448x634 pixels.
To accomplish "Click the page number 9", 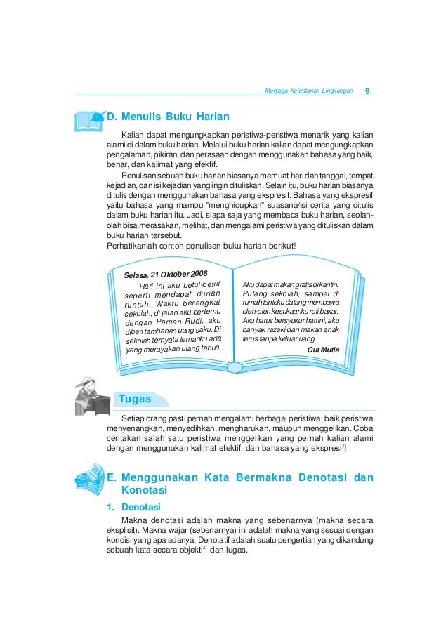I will click(367, 91).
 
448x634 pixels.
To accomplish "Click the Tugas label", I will click(136, 399).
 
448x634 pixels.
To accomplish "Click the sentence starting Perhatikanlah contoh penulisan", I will click(201, 246).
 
